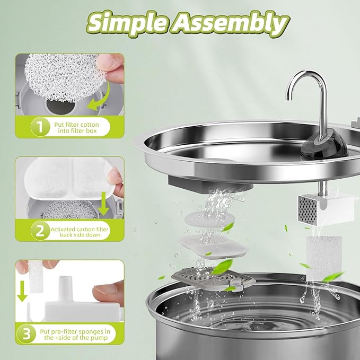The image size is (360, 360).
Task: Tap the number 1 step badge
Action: point(39,127)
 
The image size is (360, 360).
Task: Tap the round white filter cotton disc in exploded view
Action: point(204,218)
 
